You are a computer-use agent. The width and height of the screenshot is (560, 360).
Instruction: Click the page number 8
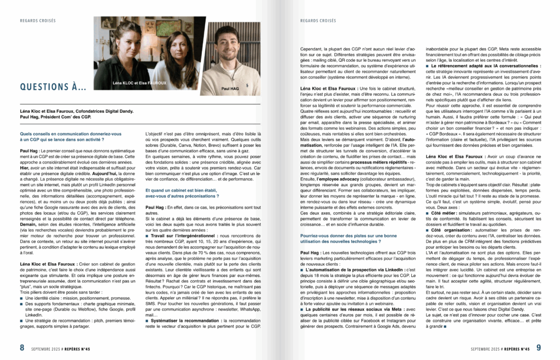coord(22,347)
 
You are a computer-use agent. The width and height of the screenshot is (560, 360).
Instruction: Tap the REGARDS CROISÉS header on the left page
coord(36,21)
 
